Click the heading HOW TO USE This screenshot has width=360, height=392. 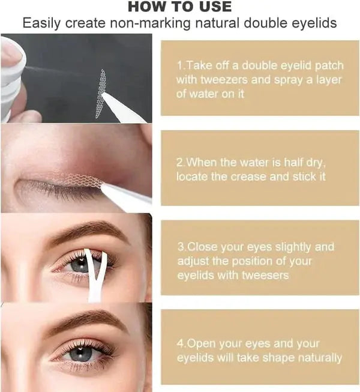[179, 7]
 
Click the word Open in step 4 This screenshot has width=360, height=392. [200, 344]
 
